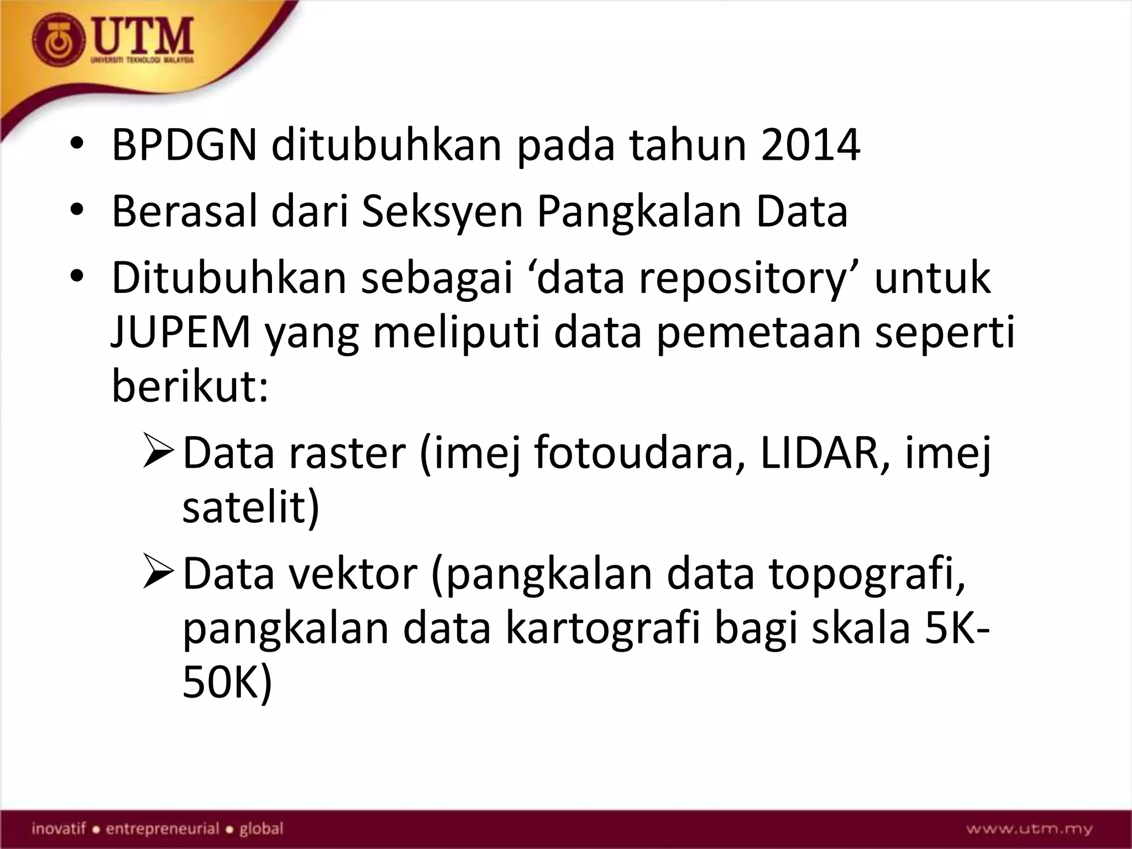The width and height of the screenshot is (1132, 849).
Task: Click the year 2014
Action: pos(810,145)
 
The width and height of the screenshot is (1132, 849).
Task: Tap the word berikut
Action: pos(186,386)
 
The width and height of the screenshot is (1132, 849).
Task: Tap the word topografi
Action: pos(867,574)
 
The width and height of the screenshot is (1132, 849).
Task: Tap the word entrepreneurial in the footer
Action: pos(163,829)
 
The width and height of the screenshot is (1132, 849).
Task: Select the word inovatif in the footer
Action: pos(59,829)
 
